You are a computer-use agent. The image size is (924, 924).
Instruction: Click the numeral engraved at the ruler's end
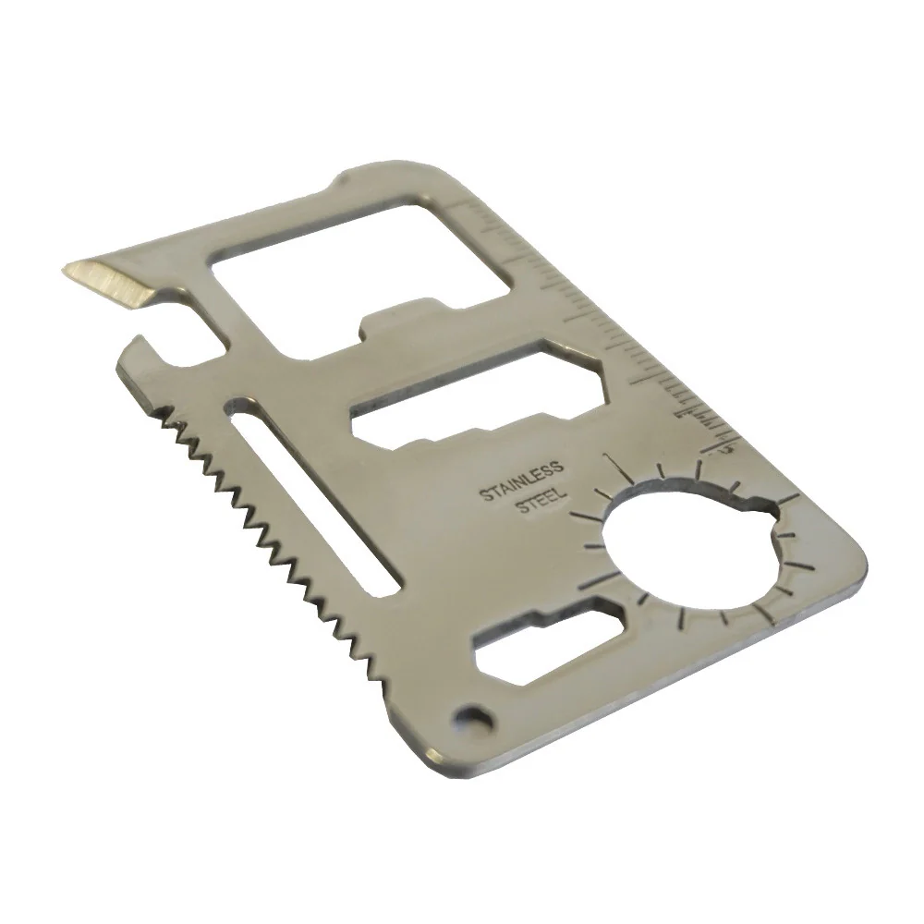pos(727,447)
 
